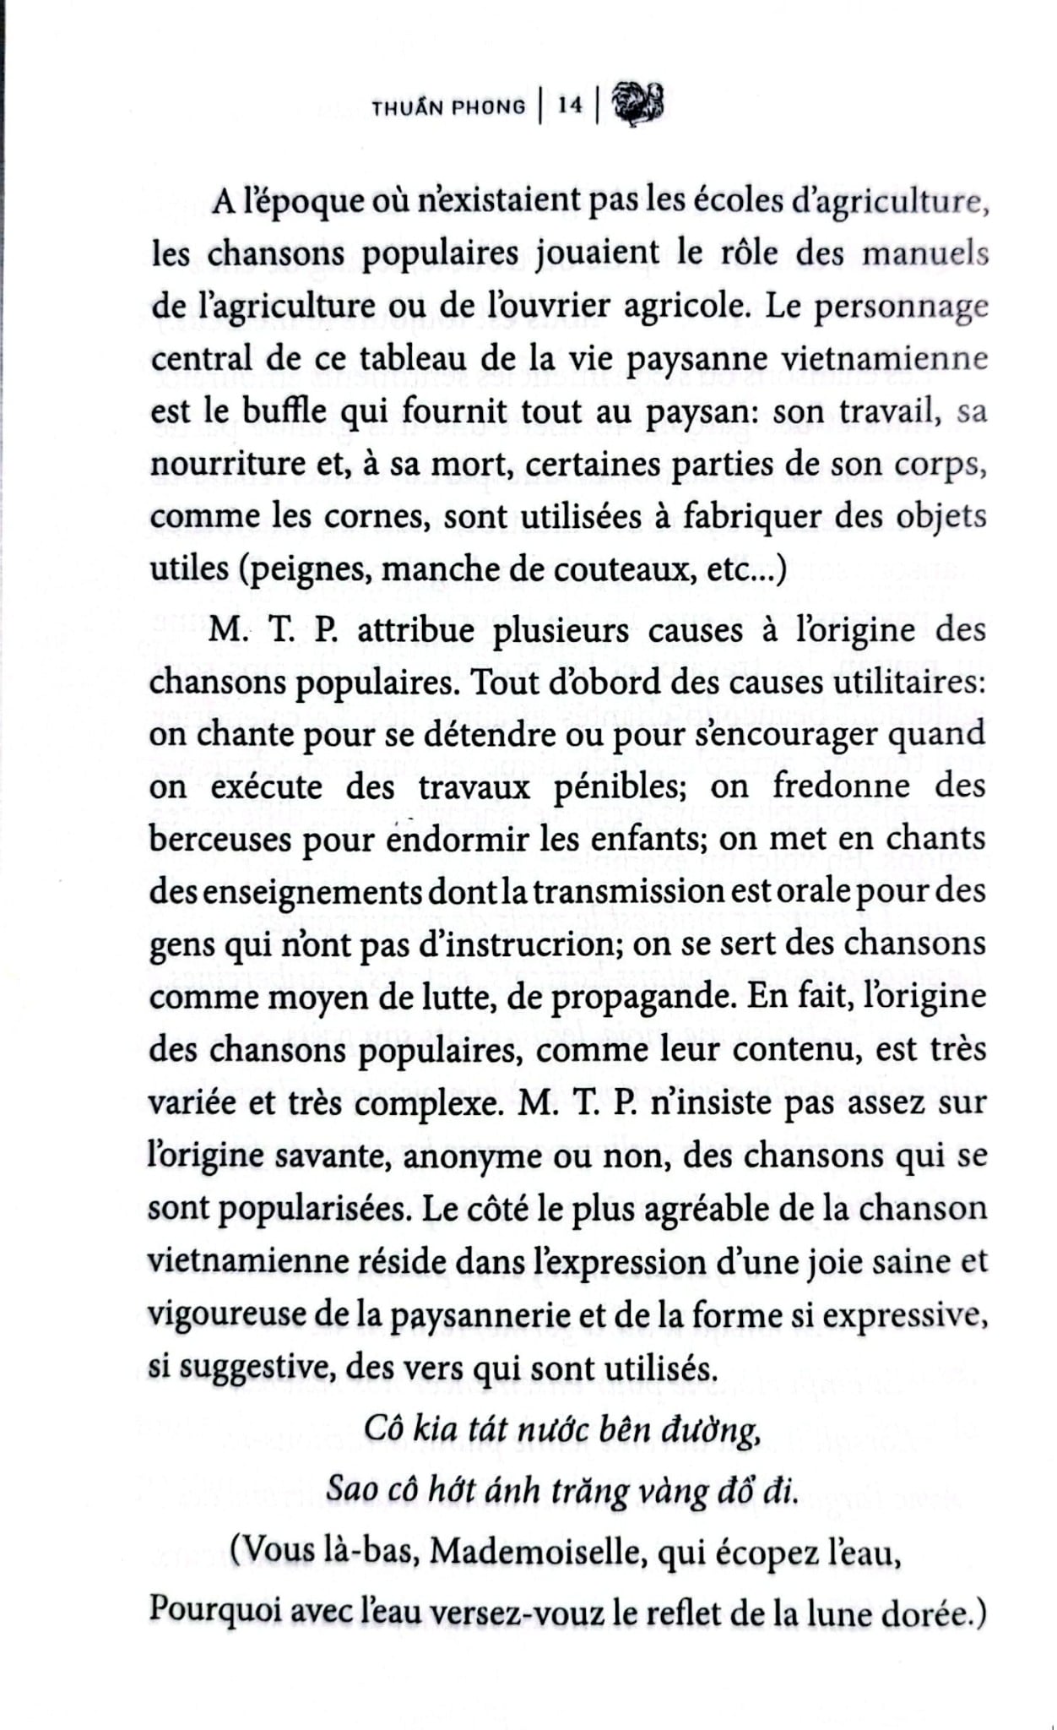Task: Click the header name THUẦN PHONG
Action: (448, 106)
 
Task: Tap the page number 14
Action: (570, 106)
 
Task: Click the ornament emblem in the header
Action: (639, 105)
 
